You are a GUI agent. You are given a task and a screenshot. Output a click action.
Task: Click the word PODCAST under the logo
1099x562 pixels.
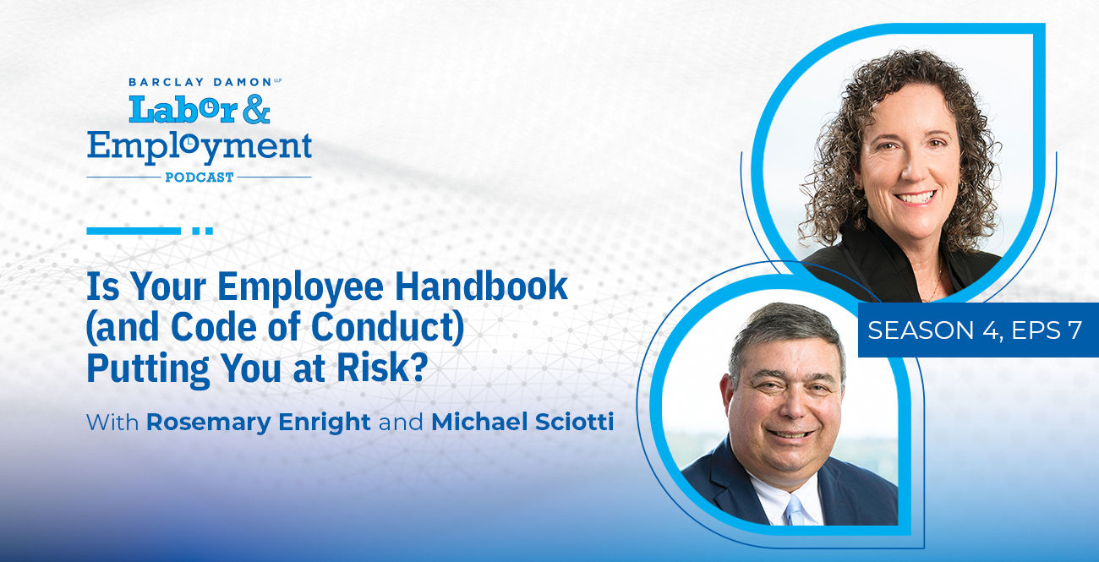click(200, 177)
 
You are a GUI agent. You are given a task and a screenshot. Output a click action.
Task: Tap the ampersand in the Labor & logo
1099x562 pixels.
click(256, 109)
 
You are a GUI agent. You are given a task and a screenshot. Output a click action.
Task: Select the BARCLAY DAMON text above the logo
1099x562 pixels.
click(200, 82)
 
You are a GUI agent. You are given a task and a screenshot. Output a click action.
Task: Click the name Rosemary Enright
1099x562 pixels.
click(258, 423)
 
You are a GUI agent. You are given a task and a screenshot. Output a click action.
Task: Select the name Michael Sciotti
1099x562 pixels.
click(522, 422)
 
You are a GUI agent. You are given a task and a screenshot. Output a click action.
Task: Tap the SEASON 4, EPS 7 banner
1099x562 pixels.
click(978, 330)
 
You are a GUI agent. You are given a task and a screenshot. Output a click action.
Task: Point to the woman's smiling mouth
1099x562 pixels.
click(915, 198)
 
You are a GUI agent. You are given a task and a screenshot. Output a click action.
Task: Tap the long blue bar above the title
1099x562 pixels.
click(134, 231)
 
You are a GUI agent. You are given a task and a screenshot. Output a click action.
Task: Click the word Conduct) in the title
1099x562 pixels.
click(387, 327)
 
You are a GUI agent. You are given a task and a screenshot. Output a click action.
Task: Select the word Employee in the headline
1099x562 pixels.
click(300, 288)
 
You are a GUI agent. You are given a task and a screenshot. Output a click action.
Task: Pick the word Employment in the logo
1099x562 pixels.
click(200, 147)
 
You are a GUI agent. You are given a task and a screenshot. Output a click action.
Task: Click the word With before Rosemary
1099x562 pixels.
click(112, 423)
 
